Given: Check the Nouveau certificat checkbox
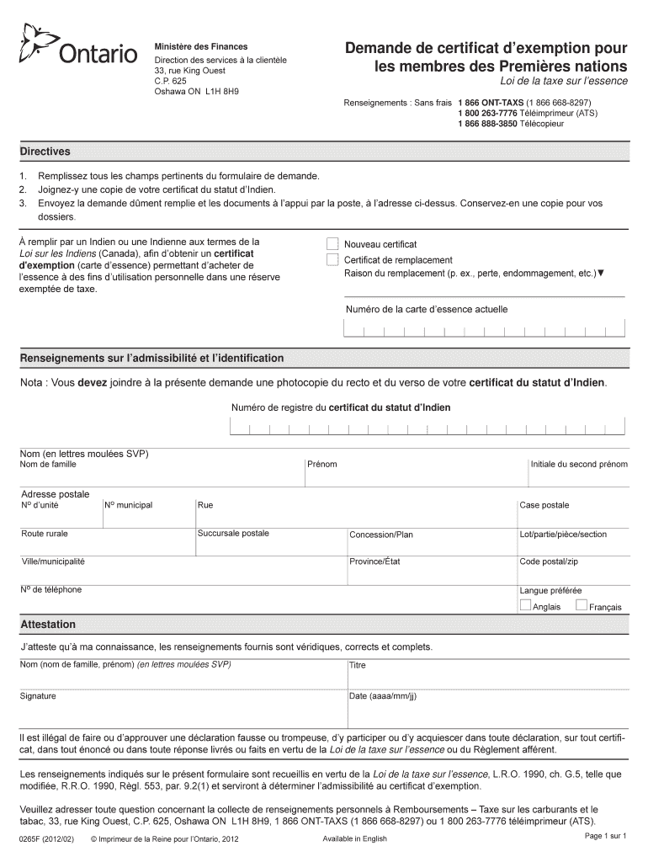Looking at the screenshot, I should pos(332,244).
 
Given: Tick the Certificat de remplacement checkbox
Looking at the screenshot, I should pos(332,259).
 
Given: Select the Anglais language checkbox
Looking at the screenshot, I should pos(525,605).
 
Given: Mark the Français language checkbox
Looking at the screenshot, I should pos(581,605).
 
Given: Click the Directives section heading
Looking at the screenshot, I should pos(45,152).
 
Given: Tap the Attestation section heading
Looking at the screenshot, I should pos(48,625).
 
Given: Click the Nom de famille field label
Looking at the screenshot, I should pos(48,464).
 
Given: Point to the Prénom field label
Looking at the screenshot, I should pos(321,464).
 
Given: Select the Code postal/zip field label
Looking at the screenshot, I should pos(549,561).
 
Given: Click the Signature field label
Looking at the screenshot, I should pos(38,696).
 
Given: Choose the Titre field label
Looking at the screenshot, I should pos(358,665).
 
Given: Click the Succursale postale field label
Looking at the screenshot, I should pos(233,534).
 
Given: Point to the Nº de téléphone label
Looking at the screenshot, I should pos(51,589).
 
